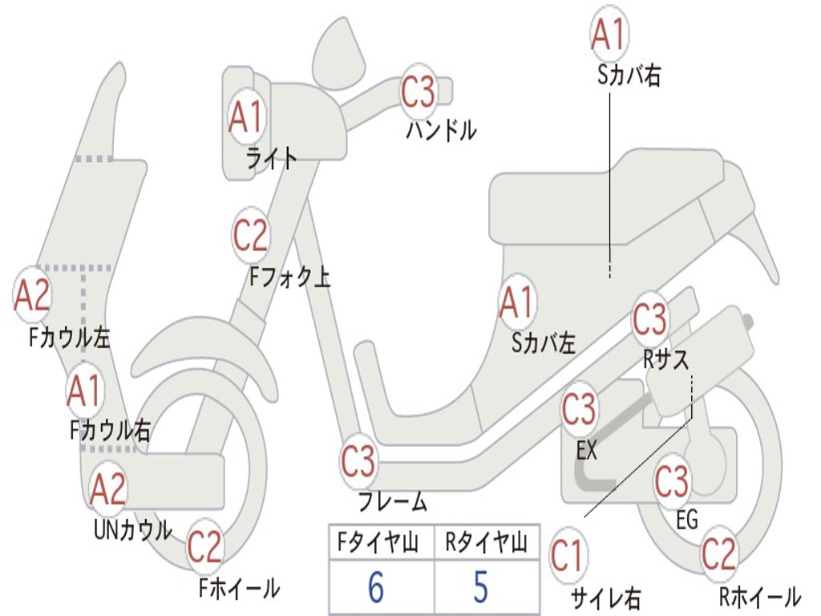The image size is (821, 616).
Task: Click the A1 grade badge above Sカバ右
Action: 608,34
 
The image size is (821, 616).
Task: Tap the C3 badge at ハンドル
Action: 419,92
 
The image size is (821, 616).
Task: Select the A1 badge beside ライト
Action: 245,117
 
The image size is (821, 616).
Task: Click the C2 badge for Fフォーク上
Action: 251,235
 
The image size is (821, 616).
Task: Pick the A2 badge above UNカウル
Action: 108,488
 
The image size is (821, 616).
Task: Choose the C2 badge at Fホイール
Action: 204,547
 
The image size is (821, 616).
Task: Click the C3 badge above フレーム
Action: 358,461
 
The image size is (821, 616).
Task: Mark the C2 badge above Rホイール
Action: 718,553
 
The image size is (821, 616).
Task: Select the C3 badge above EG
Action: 672,481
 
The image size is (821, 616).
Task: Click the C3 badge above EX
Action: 579,410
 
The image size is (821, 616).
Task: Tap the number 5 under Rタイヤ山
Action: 480,588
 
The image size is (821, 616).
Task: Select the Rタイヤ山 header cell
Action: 486,545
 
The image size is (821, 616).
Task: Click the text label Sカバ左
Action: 544,343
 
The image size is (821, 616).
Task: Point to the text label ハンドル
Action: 441,131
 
